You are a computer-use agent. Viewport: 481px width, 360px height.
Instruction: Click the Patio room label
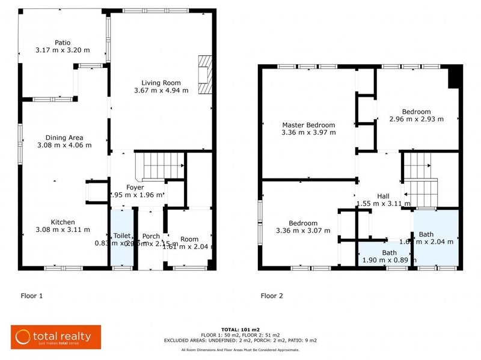click(x=63, y=43)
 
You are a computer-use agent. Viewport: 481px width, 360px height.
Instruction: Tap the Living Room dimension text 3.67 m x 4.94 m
click(x=161, y=91)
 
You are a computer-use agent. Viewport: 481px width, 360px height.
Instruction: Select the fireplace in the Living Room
click(x=206, y=75)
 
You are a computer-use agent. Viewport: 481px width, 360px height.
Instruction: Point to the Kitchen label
click(x=63, y=221)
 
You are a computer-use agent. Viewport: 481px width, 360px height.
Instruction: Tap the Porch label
click(x=151, y=236)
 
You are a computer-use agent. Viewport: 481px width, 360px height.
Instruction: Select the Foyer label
click(x=135, y=187)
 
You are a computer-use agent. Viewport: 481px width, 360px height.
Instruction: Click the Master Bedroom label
click(x=308, y=125)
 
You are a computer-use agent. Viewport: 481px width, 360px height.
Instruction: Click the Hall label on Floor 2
click(x=383, y=196)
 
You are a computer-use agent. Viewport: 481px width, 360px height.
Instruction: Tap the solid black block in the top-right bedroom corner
click(x=456, y=77)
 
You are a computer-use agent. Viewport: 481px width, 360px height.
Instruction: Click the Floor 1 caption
click(x=32, y=296)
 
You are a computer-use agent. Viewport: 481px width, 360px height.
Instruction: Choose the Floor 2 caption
click(x=272, y=296)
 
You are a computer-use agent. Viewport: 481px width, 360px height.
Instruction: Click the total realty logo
click(x=55, y=337)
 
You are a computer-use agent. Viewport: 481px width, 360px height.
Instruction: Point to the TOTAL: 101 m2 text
click(x=240, y=330)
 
